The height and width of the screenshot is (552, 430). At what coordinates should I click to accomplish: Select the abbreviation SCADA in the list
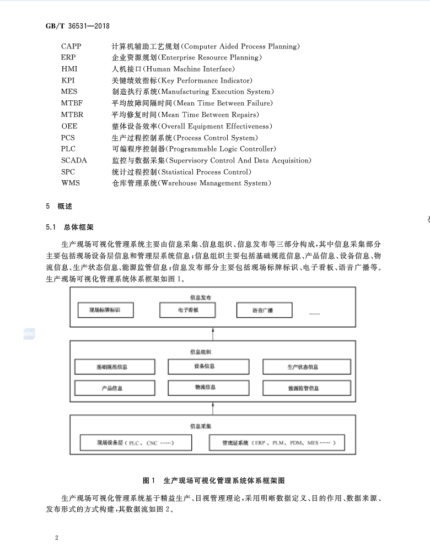74,160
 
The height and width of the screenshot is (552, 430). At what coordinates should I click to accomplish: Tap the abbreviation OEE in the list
69,126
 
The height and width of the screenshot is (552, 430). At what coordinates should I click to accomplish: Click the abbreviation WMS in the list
70,183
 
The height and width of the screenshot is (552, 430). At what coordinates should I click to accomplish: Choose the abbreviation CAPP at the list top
72,46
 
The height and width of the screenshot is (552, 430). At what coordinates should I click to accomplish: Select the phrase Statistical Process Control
205,172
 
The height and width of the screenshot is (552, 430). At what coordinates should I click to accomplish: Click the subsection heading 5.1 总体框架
69,227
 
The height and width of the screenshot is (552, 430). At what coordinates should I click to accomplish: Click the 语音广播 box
262,311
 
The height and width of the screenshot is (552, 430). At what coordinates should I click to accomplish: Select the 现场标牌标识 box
105,311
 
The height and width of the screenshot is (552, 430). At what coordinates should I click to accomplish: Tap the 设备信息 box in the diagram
205,366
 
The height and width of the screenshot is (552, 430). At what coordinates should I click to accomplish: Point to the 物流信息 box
205,388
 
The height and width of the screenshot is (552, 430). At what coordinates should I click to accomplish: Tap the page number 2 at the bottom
57,537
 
